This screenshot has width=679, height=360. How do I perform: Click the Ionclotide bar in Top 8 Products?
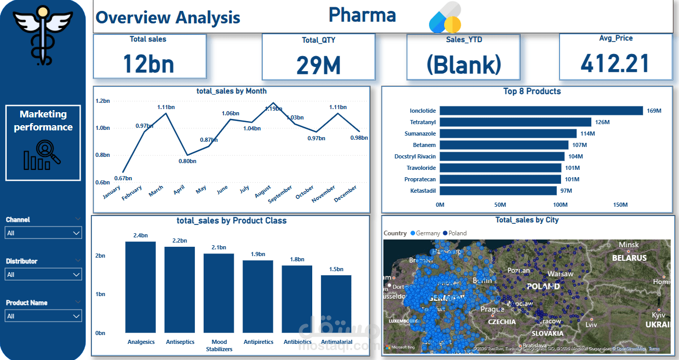tap(540, 111)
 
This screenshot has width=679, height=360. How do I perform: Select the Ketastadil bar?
tap(498, 191)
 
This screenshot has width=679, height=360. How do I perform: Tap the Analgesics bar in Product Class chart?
tap(140, 287)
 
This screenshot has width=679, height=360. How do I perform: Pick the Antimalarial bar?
tap(336, 304)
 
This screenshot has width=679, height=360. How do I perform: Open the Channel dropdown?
tap(44, 233)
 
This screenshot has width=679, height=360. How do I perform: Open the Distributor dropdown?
tap(44, 274)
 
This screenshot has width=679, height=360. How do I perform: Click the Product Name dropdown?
tap(44, 316)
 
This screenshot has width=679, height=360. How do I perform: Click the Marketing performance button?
tap(43, 143)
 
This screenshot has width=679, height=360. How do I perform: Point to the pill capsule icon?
tap(445, 18)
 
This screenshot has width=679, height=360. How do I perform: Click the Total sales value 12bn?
tap(149, 63)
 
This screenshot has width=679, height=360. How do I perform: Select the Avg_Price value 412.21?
tap(615, 63)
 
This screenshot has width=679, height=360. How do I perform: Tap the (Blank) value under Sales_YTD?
tap(463, 64)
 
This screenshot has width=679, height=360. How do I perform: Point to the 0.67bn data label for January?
tap(123, 178)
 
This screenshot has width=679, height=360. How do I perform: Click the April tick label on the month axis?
tap(179, 190)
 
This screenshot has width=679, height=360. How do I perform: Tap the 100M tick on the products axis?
tap(560, 205)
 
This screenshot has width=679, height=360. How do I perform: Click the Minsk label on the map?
tap(629, 245)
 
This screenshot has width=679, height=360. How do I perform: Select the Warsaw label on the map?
tap(560, 274)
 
